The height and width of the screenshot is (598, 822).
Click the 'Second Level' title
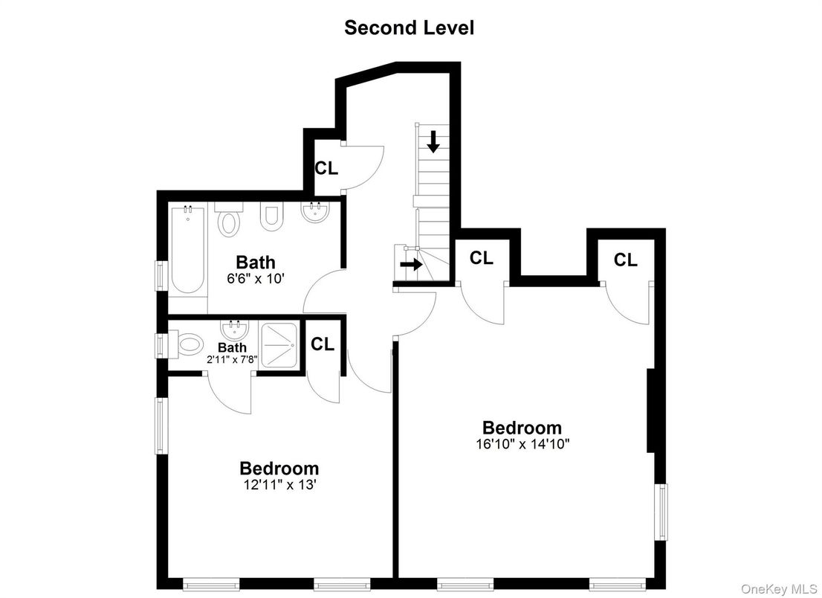(409, 28)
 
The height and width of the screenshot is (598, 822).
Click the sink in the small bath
(233, 329)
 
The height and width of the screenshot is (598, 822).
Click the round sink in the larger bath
(315, 214)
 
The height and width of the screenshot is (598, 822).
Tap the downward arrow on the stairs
(433, 141)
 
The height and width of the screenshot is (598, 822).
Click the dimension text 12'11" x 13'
(279, 484)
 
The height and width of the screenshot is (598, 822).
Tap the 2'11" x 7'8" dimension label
(232, 359)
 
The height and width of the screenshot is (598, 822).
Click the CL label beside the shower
(323, 344)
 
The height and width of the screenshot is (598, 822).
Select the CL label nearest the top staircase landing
(326, 168)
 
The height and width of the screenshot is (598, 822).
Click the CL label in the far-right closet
(626, 260)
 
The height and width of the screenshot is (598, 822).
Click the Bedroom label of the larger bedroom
(522, 428)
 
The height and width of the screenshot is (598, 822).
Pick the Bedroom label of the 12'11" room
(279, 469)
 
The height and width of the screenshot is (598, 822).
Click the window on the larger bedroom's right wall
(661, 511)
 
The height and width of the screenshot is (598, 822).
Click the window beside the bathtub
(161, 274)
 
